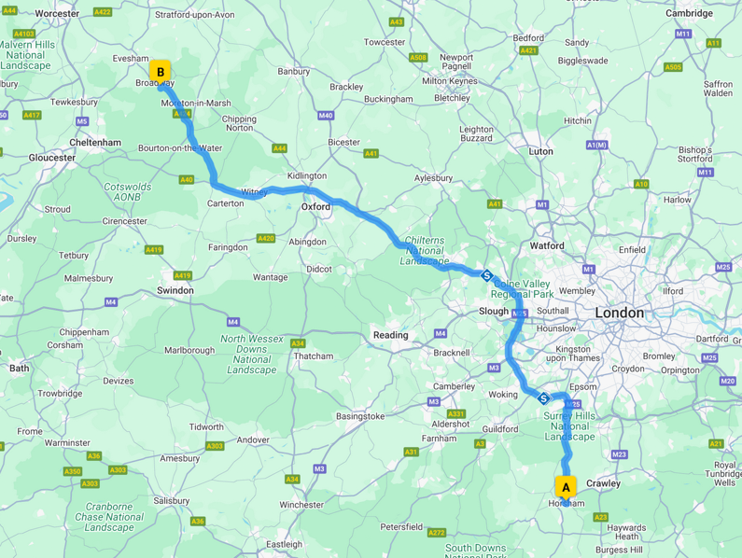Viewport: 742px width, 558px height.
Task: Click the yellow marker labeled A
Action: [565, 487]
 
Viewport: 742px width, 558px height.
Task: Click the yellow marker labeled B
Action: [161, 72]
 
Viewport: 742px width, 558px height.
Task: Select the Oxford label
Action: [315, 207]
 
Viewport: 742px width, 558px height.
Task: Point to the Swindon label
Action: [175, 291]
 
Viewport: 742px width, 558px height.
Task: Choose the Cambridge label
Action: [689, 13]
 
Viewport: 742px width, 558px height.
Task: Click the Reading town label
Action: [390, 335]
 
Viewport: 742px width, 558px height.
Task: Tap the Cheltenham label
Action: [95, 143]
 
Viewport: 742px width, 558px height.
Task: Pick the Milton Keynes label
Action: [449, 81]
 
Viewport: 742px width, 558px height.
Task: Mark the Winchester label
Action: [301, 505]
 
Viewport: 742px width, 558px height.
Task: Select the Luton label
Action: [540, 151]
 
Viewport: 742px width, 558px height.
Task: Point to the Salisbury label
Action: [171, 501]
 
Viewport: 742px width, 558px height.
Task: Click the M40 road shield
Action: [325, 116]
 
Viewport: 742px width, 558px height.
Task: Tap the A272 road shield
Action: [437, 533]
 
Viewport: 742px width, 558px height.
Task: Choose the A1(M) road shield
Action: [596, 145]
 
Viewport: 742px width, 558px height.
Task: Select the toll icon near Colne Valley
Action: [487, 275]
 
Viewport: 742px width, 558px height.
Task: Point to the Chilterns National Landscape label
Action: [427, 250]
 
